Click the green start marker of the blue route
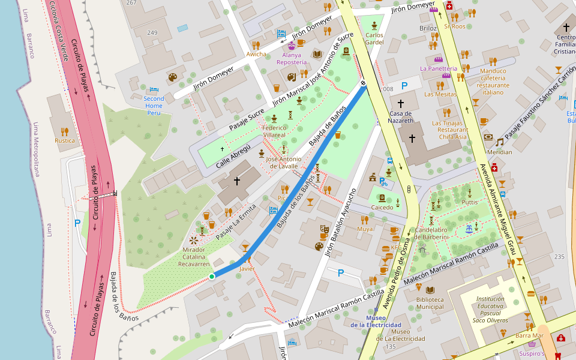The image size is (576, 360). [x=212, y=276]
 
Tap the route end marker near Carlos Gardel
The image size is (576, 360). [x=363, y=83]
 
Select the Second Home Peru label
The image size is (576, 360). [x=154, y=105]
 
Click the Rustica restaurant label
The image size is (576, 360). [x=65, y=140]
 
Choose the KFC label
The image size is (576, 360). [x=396, y=247]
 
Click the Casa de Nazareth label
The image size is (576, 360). [x=401, y=117]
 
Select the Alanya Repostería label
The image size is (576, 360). [x=292, y=58]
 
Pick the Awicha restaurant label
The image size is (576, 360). [x=256, y=54]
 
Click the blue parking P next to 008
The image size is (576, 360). [x=404, y=86]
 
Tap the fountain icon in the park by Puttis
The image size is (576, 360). [x=469, y=229]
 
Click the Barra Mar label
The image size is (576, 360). [x=529, y=335]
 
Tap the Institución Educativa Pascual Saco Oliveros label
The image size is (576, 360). [x=490, y=309]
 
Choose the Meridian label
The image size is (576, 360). [x=500, y=152]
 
